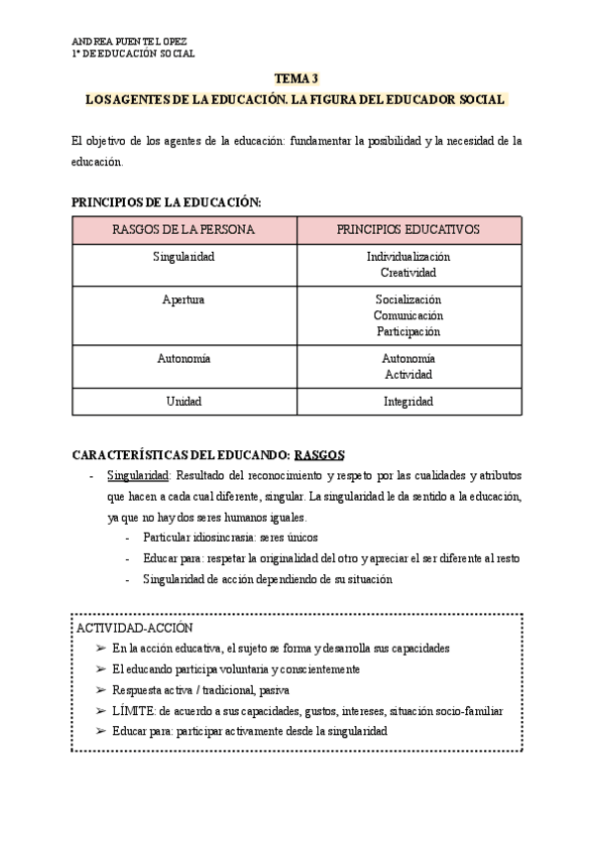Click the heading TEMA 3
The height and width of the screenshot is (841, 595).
pyautogui.click(x=297, y=79)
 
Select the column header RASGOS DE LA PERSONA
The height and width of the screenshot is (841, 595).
pyautogui.click(x=183, y=229)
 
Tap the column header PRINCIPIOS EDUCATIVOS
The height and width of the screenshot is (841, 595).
pyautogui.click(x=408, y=229)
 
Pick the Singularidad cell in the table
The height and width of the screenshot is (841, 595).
pyautogui.click(x=183, y=257)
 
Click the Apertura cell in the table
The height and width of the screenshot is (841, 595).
pyautogui.click(x=183, y=299)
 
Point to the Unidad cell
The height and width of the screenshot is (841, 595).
pyautogui.click(x=183, y=402)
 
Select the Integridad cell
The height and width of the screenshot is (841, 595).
pyautogui.click(x=408, y=402)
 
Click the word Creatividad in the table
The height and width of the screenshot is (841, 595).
pyautogui.click(x=408, y=272)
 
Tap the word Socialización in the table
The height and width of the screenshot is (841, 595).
pyautogui.click(x=408, y=299)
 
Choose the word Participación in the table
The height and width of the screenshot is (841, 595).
pyautogui.click(x=408, y=331)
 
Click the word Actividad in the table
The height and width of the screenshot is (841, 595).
pyautogui.click(x=408, y=375)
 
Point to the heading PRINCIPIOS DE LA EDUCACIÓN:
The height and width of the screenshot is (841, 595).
pyautogui.click(x=166, y=202)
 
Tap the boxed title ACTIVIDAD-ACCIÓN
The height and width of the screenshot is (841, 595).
pyautogui.click(x=134, y=628)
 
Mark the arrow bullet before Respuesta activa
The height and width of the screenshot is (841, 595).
pyautogui.click(x=100, y=690)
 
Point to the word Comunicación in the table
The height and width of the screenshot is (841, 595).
pyautogui.click(x=408, y=315)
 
